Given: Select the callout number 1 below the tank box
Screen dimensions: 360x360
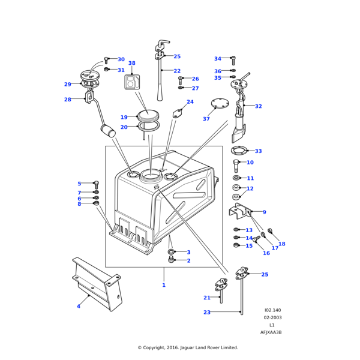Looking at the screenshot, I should click(x=163, y=285).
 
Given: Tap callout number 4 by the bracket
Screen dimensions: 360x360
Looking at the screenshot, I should click(x=78, y=307).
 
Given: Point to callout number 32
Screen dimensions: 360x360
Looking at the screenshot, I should click(x=258, y=106).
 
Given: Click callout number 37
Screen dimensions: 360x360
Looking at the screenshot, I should click(x=206, y=119).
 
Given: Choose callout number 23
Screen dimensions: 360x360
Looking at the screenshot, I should click(x=207, y=312).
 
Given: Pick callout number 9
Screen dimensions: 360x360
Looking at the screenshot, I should click(x=264, y=212).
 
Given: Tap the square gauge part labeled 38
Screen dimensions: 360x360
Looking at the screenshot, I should click(x=132, y=82).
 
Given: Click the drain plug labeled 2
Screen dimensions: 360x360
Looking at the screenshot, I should click(x=171, y=260).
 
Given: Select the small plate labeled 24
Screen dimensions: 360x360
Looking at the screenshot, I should click(x=178, y=112).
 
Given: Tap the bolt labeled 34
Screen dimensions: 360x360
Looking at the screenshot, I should click(x=233, y=60).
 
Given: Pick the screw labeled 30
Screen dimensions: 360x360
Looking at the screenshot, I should click(x=106, y=60).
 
